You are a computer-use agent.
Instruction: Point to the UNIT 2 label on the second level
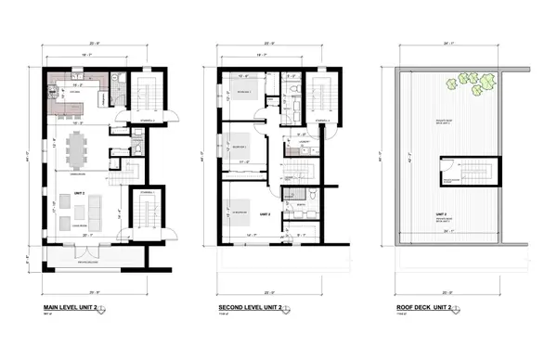[265, 214]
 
